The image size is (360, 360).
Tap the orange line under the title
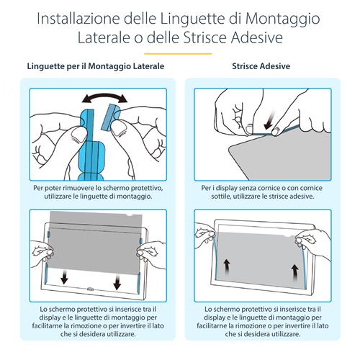point(179,53)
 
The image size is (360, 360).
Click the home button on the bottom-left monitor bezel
point(89,291)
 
